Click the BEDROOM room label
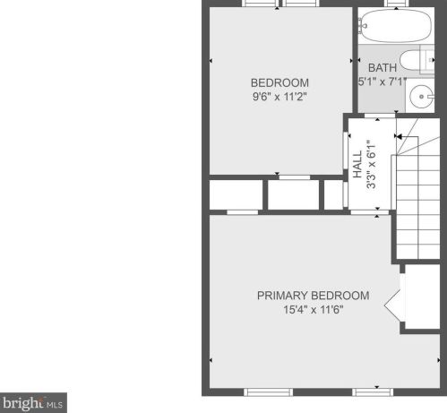tap(279, 82)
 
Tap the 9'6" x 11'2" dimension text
tap(279, 97)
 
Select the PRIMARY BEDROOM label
tap(314, 296)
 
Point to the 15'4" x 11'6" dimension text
tap(314, 310)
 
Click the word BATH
tap(383, 68)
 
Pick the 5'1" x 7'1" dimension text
tap(383, 82)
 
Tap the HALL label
tap(357, 164)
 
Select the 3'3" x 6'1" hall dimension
tap(371, 165)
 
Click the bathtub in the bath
tap(396, 26)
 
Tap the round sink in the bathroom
tap(422, 97)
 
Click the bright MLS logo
tap(33, 403)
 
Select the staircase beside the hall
tap(417, 189)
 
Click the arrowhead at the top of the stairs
tap(398, 136)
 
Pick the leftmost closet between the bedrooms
tap(236, 195)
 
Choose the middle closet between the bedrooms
tap(294, 195)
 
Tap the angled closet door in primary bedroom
tap(394, 305)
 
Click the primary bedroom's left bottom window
tap(268, 392)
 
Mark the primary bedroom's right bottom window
tap(373, 392)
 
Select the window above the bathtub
tap(396, 3)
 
